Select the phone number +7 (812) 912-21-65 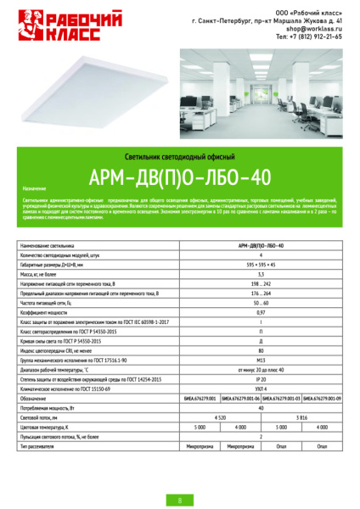pos(309,37)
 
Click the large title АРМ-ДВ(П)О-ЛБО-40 pos(179,177)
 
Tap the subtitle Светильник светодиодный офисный pos(179,158)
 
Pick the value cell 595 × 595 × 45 pos(261,266)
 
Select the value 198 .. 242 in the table pos(261,283)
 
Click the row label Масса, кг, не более pos(42,275)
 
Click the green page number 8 pos(179,501)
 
